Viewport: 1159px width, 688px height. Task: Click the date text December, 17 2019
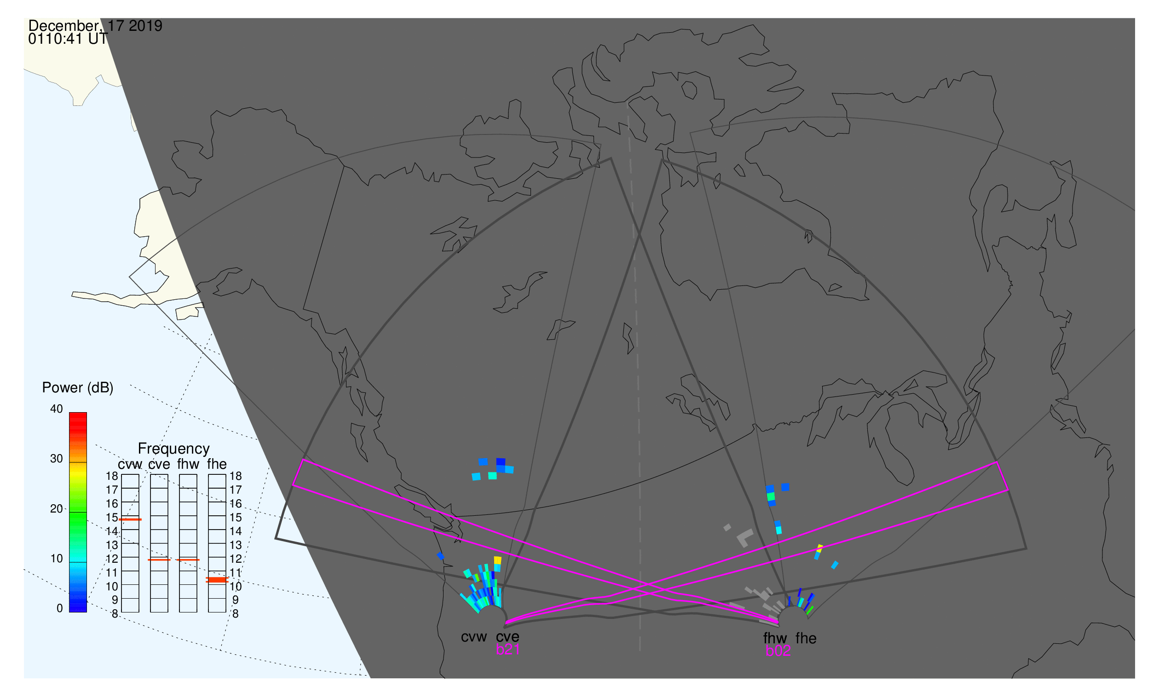click(x=95, y=26)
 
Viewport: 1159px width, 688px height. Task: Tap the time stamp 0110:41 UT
click(x=68, y=39)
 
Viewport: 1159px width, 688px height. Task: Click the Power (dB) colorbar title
click(x=78, y=388)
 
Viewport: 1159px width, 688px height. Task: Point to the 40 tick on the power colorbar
click(x=57, y=409)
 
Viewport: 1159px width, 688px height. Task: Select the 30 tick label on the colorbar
click(x=57, y=459)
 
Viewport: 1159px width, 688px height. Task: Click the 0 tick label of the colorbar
click(x=59, y=608)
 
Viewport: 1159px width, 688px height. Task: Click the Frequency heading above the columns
click(x=174, y=449)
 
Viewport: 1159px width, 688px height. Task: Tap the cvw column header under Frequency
click(x=130, y=465)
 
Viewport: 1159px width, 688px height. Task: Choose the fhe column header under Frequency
click(x=217, y=464)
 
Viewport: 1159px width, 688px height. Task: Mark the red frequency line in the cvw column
click(x=130, y=520)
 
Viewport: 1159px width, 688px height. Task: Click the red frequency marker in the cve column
click(x=159, y=560)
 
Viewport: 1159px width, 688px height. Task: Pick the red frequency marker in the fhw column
click(x=188, y=560)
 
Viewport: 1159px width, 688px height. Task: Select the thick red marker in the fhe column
click(x=217, y=580)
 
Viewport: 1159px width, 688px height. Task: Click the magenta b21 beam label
click(x=507, y=650)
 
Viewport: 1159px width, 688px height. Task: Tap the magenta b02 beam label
click(x=778, y=651)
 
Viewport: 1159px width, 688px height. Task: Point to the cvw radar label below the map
click(x=473, y=637)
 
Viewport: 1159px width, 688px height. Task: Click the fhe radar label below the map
click(x=806, y=638)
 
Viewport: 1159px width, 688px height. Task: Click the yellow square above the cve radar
click(x=497, y=560)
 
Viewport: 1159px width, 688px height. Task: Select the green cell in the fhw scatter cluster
click(x=771, y=496)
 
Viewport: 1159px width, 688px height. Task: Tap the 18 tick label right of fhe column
click(x=236, y=476)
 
